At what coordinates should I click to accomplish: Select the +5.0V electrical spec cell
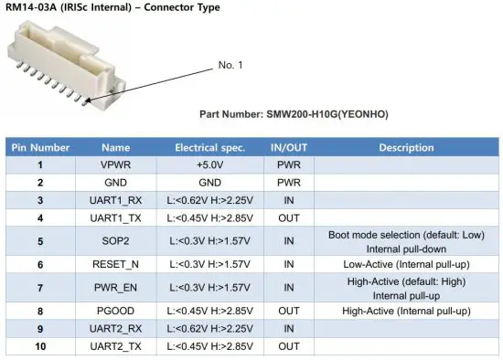209,164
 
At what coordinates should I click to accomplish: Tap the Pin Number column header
39,147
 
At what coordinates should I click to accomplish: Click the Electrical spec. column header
209,147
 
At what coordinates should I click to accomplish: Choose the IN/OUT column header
288,147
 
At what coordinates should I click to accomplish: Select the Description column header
406,147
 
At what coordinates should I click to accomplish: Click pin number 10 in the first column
39,346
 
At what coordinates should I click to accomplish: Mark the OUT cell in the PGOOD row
288,311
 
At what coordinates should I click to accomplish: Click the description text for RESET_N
406,263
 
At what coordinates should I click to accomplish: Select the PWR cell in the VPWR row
288,164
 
